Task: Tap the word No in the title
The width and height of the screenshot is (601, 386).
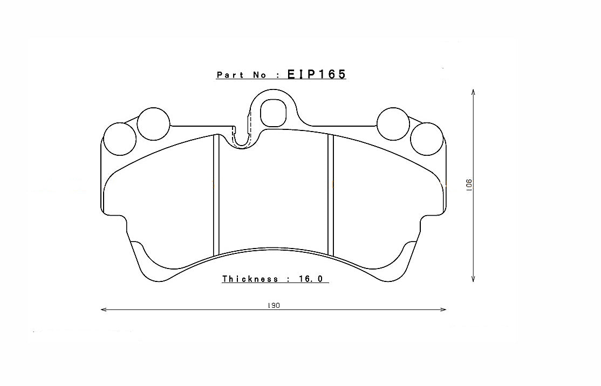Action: pyautogui.click(x=259, y=75)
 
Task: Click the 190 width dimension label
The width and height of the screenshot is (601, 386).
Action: pyautogui.click(x=274, y=305)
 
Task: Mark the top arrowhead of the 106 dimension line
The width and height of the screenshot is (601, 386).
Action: pyautogui.click(x=473, y=92)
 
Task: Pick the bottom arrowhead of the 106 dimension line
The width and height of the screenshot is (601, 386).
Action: pyautogui.click(x=473, y=279)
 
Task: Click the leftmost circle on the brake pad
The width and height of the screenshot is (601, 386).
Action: pyautogui.click(x=119, y=139)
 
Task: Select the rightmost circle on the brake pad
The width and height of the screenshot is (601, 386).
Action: pyautogui.click(x=426, y=139)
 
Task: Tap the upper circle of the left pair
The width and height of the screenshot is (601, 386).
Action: pyautogui.click(x=153, y=123)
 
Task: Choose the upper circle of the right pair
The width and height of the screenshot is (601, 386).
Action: pyautogui.click(x=393, y=123)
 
